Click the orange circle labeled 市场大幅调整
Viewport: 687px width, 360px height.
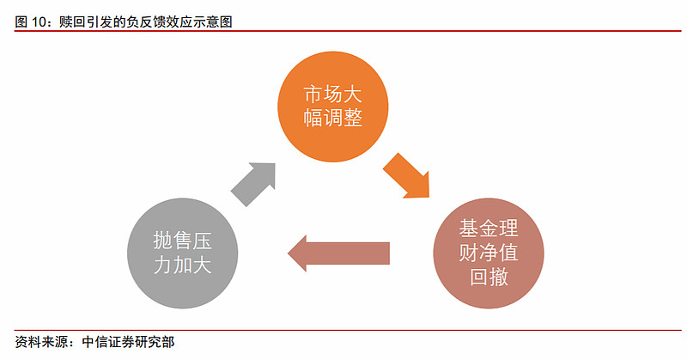tap(333, 107)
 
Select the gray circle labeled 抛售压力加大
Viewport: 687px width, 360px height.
tap(183, 253)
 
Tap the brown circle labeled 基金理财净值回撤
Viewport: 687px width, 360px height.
tap(489, 253)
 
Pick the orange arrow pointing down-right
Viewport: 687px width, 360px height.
tap(406, 176)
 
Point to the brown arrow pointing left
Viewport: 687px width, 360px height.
tap(338, 253)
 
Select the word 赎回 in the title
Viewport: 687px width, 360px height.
tap(72, 22)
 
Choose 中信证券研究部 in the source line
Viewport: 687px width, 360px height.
tap(128, 342)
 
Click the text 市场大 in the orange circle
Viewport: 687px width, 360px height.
tap(333, 95)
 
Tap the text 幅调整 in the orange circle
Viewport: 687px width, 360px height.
tap(333, 118)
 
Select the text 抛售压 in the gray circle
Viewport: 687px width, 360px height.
tap(183, 241)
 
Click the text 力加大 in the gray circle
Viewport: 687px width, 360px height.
tap(183, 265)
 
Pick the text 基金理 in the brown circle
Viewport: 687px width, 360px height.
tap(489, 229)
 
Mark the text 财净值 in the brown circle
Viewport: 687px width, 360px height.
tap(489, 253)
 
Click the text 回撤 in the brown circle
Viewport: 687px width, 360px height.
tap(489, 278)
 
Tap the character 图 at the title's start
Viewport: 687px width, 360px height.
tap(21, 22)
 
